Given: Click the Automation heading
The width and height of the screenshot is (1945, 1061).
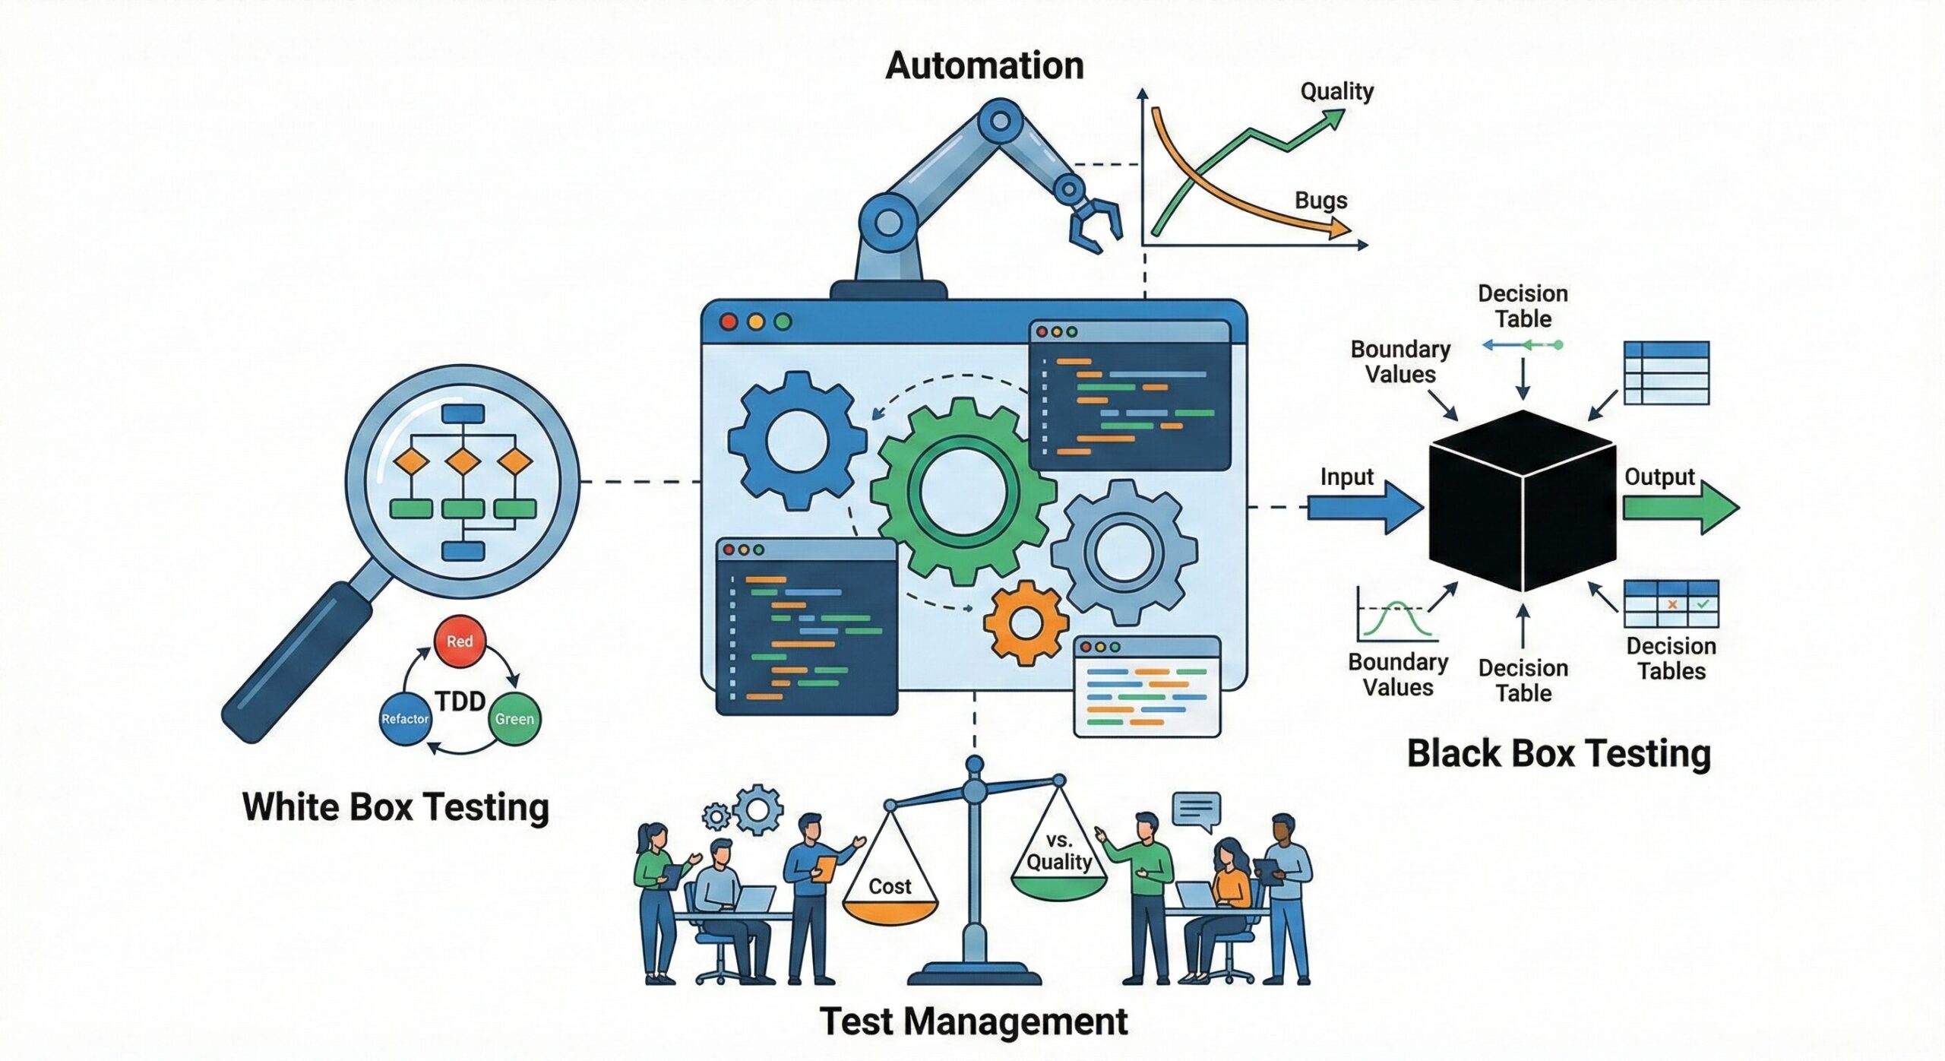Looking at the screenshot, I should pyautogui.click(x=984, y=66).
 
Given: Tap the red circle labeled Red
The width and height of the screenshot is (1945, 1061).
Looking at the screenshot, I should pyautogui.click(x=460, y=641).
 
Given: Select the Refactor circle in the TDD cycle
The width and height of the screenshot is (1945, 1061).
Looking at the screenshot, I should pyautogui.click(x=405, y=718).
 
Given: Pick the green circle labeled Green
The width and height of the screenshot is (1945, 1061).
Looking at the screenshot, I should pyautogui.click(x=514, y=718).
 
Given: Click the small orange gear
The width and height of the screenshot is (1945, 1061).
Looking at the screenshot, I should pyautogui.click(x=1026, y=623).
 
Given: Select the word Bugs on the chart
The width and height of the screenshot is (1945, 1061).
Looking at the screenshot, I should pyautogui.click(x=1320, y=201).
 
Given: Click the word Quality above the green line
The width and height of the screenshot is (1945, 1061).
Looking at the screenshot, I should pyautogui.click(x=1336, y=92).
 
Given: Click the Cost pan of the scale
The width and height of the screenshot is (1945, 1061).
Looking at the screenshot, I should pyautogui.click(x=890, y=908).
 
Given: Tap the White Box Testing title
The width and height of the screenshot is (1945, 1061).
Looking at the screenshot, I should pyautogui.click(x=395, y=807).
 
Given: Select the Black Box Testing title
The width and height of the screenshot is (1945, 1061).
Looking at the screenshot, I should pyautogui.click(x=1558, y=754).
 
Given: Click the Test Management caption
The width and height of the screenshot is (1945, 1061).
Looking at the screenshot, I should pyautogui.click(x=973, y=1021).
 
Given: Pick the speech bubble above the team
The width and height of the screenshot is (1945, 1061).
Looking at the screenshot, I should pyautogui.click(x=1196, y=810).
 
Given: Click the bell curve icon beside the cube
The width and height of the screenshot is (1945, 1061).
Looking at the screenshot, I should pyautogui.click(x=1395, y=616).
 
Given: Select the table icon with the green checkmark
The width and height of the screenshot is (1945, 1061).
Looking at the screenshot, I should pyautogui.click(x=1671, y=604).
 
